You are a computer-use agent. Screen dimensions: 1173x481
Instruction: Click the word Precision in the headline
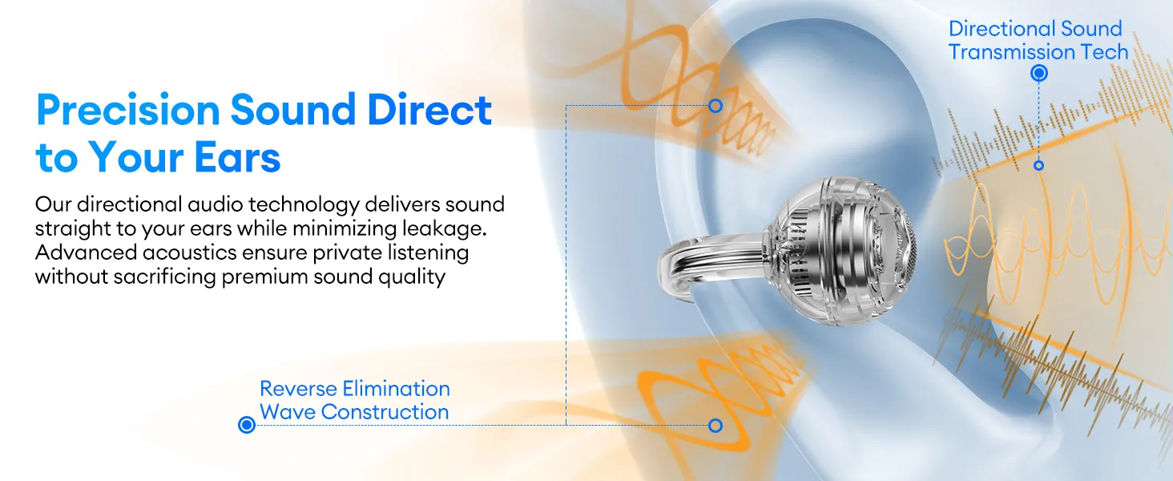coord(127,110)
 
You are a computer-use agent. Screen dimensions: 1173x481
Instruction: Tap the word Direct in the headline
coord(429,110)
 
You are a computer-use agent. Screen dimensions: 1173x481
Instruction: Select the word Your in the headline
coord(136,157)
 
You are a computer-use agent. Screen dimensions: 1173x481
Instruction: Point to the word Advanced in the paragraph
coord(86,253)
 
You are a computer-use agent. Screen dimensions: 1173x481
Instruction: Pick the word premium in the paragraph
coord(264,277)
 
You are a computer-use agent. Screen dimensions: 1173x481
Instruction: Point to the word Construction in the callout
coord(385,412)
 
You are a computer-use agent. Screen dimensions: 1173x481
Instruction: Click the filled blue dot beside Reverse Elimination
coord(247,424)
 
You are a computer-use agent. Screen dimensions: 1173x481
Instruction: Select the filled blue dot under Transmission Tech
coord(1039,73)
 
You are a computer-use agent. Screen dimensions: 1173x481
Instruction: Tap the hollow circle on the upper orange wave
coord(715,106)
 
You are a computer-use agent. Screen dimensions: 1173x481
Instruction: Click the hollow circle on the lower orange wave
coord(715,426)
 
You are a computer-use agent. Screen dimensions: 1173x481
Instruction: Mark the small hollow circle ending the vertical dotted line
coord(1039,166)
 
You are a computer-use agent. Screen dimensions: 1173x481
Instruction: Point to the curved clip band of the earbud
coord(707,252)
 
